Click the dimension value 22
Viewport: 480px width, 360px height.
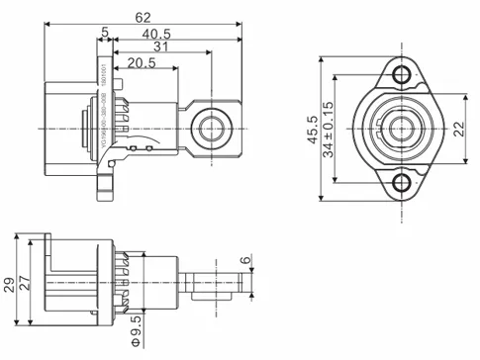tap(459, 129)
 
